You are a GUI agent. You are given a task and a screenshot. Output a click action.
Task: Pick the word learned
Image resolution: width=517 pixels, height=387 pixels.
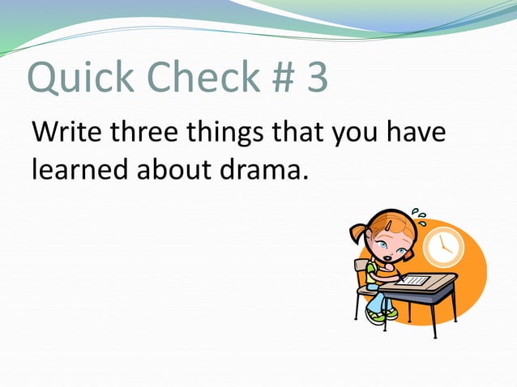tap(81, 170)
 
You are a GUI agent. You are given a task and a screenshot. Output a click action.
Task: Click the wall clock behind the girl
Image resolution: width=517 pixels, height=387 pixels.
tap(444, 246)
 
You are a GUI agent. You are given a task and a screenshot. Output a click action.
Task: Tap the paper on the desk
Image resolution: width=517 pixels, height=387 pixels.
tap(416, 279)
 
